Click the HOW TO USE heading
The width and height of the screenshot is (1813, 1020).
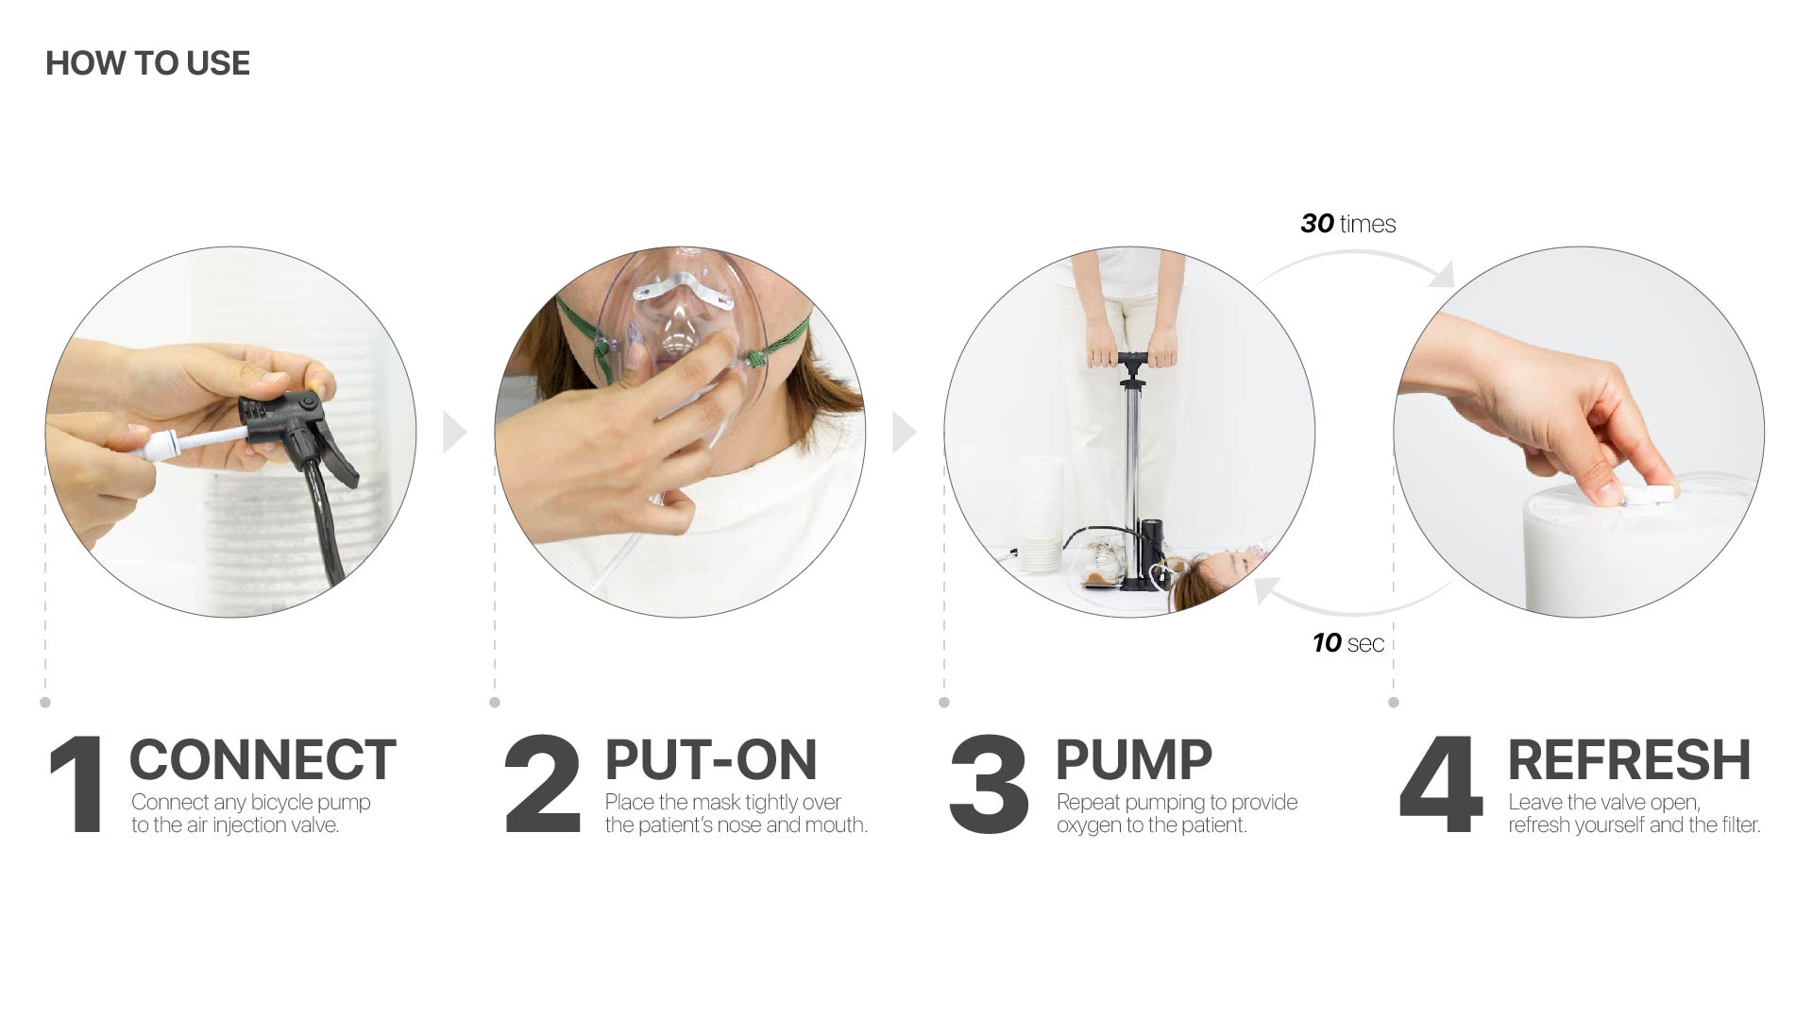pos(147,63)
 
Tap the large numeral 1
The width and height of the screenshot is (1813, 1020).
pos(77,784)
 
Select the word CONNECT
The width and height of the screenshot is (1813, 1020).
pos(263,760)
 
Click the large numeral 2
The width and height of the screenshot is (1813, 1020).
pos(542,784)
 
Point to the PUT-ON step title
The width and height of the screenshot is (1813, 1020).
pos(710,760)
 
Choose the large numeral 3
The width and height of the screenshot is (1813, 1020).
pos(989,784)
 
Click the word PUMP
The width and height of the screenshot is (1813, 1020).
pos(1133,760)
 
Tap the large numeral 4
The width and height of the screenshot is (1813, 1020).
pos(1440,784)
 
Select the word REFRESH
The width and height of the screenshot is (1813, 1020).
pos(1629,760)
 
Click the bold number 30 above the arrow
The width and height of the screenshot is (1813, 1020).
pos(1317,224)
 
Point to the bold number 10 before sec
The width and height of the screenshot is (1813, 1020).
pos(1327,643)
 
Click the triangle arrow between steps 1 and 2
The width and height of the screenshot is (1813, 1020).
pos(454,432)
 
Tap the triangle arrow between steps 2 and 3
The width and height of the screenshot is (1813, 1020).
pos(904,432)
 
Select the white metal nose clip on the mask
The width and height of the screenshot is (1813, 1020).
pos(682,287)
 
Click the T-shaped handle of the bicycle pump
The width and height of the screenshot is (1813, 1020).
pos(1132,360)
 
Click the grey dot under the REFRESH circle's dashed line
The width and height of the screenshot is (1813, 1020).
pos(1394,703)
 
